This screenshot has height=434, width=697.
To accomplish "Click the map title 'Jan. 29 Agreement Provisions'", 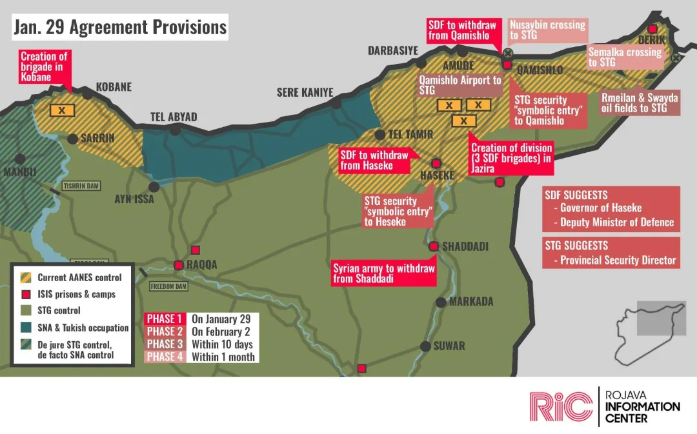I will point(120,27).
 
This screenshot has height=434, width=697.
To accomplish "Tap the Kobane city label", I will point(114,87).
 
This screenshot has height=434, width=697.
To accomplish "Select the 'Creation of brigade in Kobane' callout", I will point(44,67).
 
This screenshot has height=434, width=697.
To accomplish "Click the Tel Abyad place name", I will point(174,117).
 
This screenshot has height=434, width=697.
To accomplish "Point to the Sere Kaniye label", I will point(305,92).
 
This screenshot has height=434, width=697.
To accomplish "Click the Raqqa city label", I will point(202,264).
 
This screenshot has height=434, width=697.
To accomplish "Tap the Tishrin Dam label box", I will point(81,186).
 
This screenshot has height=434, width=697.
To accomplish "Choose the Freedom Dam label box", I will point(167,286).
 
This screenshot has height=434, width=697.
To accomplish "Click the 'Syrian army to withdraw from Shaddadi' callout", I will point(384,273).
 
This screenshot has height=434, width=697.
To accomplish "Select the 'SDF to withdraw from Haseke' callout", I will point(375,161).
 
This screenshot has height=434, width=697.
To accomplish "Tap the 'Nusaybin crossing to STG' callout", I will point(547,30).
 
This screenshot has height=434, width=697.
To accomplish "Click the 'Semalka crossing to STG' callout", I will point(625,57).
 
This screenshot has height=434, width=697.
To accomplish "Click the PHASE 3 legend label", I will point(165,344).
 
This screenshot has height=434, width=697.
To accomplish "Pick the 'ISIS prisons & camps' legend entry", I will point(76,294).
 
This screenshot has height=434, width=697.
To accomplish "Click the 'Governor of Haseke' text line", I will point(600,208).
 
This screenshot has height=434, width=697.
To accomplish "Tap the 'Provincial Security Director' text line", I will point(618,261).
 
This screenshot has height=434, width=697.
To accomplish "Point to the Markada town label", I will point(470,302).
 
